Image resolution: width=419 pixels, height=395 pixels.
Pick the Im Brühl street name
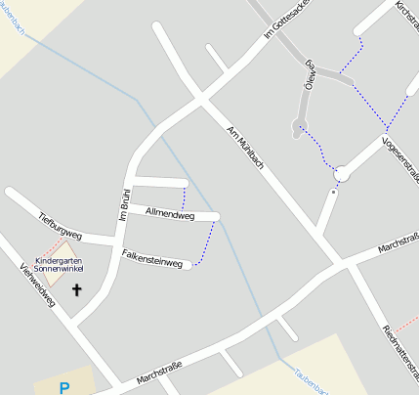[x=124, y=202]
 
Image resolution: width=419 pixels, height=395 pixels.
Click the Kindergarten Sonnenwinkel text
[x=59, y=264]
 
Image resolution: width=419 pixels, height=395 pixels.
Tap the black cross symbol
[x=77, y=289]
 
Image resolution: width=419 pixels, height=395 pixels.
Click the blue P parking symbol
[x=64, y=387]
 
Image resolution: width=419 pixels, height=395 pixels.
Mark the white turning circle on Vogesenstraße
[x=342, y=175]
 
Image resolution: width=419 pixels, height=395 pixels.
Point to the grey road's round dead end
[x=297, y=125]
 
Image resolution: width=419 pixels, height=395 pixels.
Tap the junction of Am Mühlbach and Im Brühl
[x=202, y=98]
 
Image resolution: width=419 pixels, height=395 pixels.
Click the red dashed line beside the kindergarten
[x=53, y=246]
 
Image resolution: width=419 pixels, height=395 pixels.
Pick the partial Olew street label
[x=311, y=71]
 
